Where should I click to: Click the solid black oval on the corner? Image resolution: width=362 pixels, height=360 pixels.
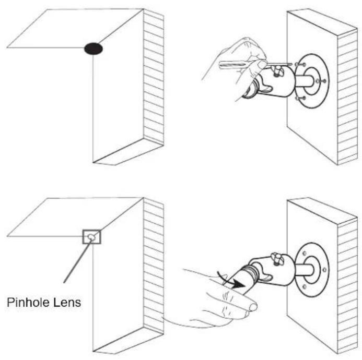click(x=94, y=49)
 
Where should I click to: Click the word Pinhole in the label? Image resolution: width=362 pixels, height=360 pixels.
click(x=28, y=302)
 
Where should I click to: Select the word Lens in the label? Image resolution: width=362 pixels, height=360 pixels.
click(x=67, y=302)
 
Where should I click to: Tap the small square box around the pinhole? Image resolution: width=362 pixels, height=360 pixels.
click(x=91, y=237)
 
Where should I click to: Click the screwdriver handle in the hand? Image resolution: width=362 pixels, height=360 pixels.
click(x=233, y=64)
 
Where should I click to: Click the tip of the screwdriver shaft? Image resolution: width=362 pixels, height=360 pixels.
click(x=292, y=64)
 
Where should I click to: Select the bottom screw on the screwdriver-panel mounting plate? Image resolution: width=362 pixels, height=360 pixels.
click(x=300, y=98)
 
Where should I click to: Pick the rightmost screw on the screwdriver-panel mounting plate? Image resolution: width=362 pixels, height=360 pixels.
click(x=321, y=81)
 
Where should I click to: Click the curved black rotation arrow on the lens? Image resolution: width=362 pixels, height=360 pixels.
click(x=231, y=280)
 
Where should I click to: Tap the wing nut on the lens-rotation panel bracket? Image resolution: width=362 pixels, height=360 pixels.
click(x=277, y=259)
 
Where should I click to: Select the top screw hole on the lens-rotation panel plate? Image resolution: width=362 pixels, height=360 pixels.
click(x=305, y=253)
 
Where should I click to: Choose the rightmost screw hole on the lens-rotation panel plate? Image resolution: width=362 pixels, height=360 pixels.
click(x=324, y=270)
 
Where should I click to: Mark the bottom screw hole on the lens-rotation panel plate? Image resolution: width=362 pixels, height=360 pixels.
click(x=305, y=286)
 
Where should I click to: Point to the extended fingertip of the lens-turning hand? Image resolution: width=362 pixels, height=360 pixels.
click(x=253, y=307)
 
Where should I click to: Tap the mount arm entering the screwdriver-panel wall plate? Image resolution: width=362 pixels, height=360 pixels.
click(x=304, y=81)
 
